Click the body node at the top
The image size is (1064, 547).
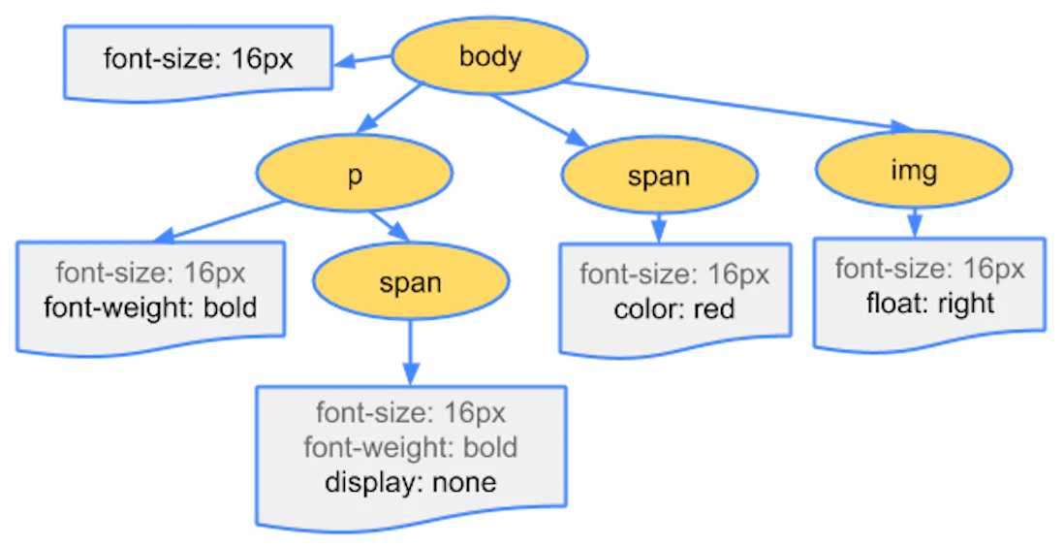click(x=489, y=56)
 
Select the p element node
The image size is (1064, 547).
click(x=354, y=175)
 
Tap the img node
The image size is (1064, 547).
click(x=913, y=172)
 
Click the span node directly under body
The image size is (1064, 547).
click(x=659, y=176)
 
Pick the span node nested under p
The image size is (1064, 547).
click(x=410, y=283)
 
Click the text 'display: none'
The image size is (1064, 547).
click(x=410, y=482)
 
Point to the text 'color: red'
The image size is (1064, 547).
click(x=674, y=309)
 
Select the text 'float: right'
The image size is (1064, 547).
click(x=930, y=303)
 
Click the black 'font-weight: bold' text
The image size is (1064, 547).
click(x=151, y=307)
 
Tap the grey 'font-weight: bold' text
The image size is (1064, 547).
click(x=410, y=447)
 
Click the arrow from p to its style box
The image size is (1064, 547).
click(x=218, y=221)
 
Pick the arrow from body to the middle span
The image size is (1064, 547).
click(x=543, y=119)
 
